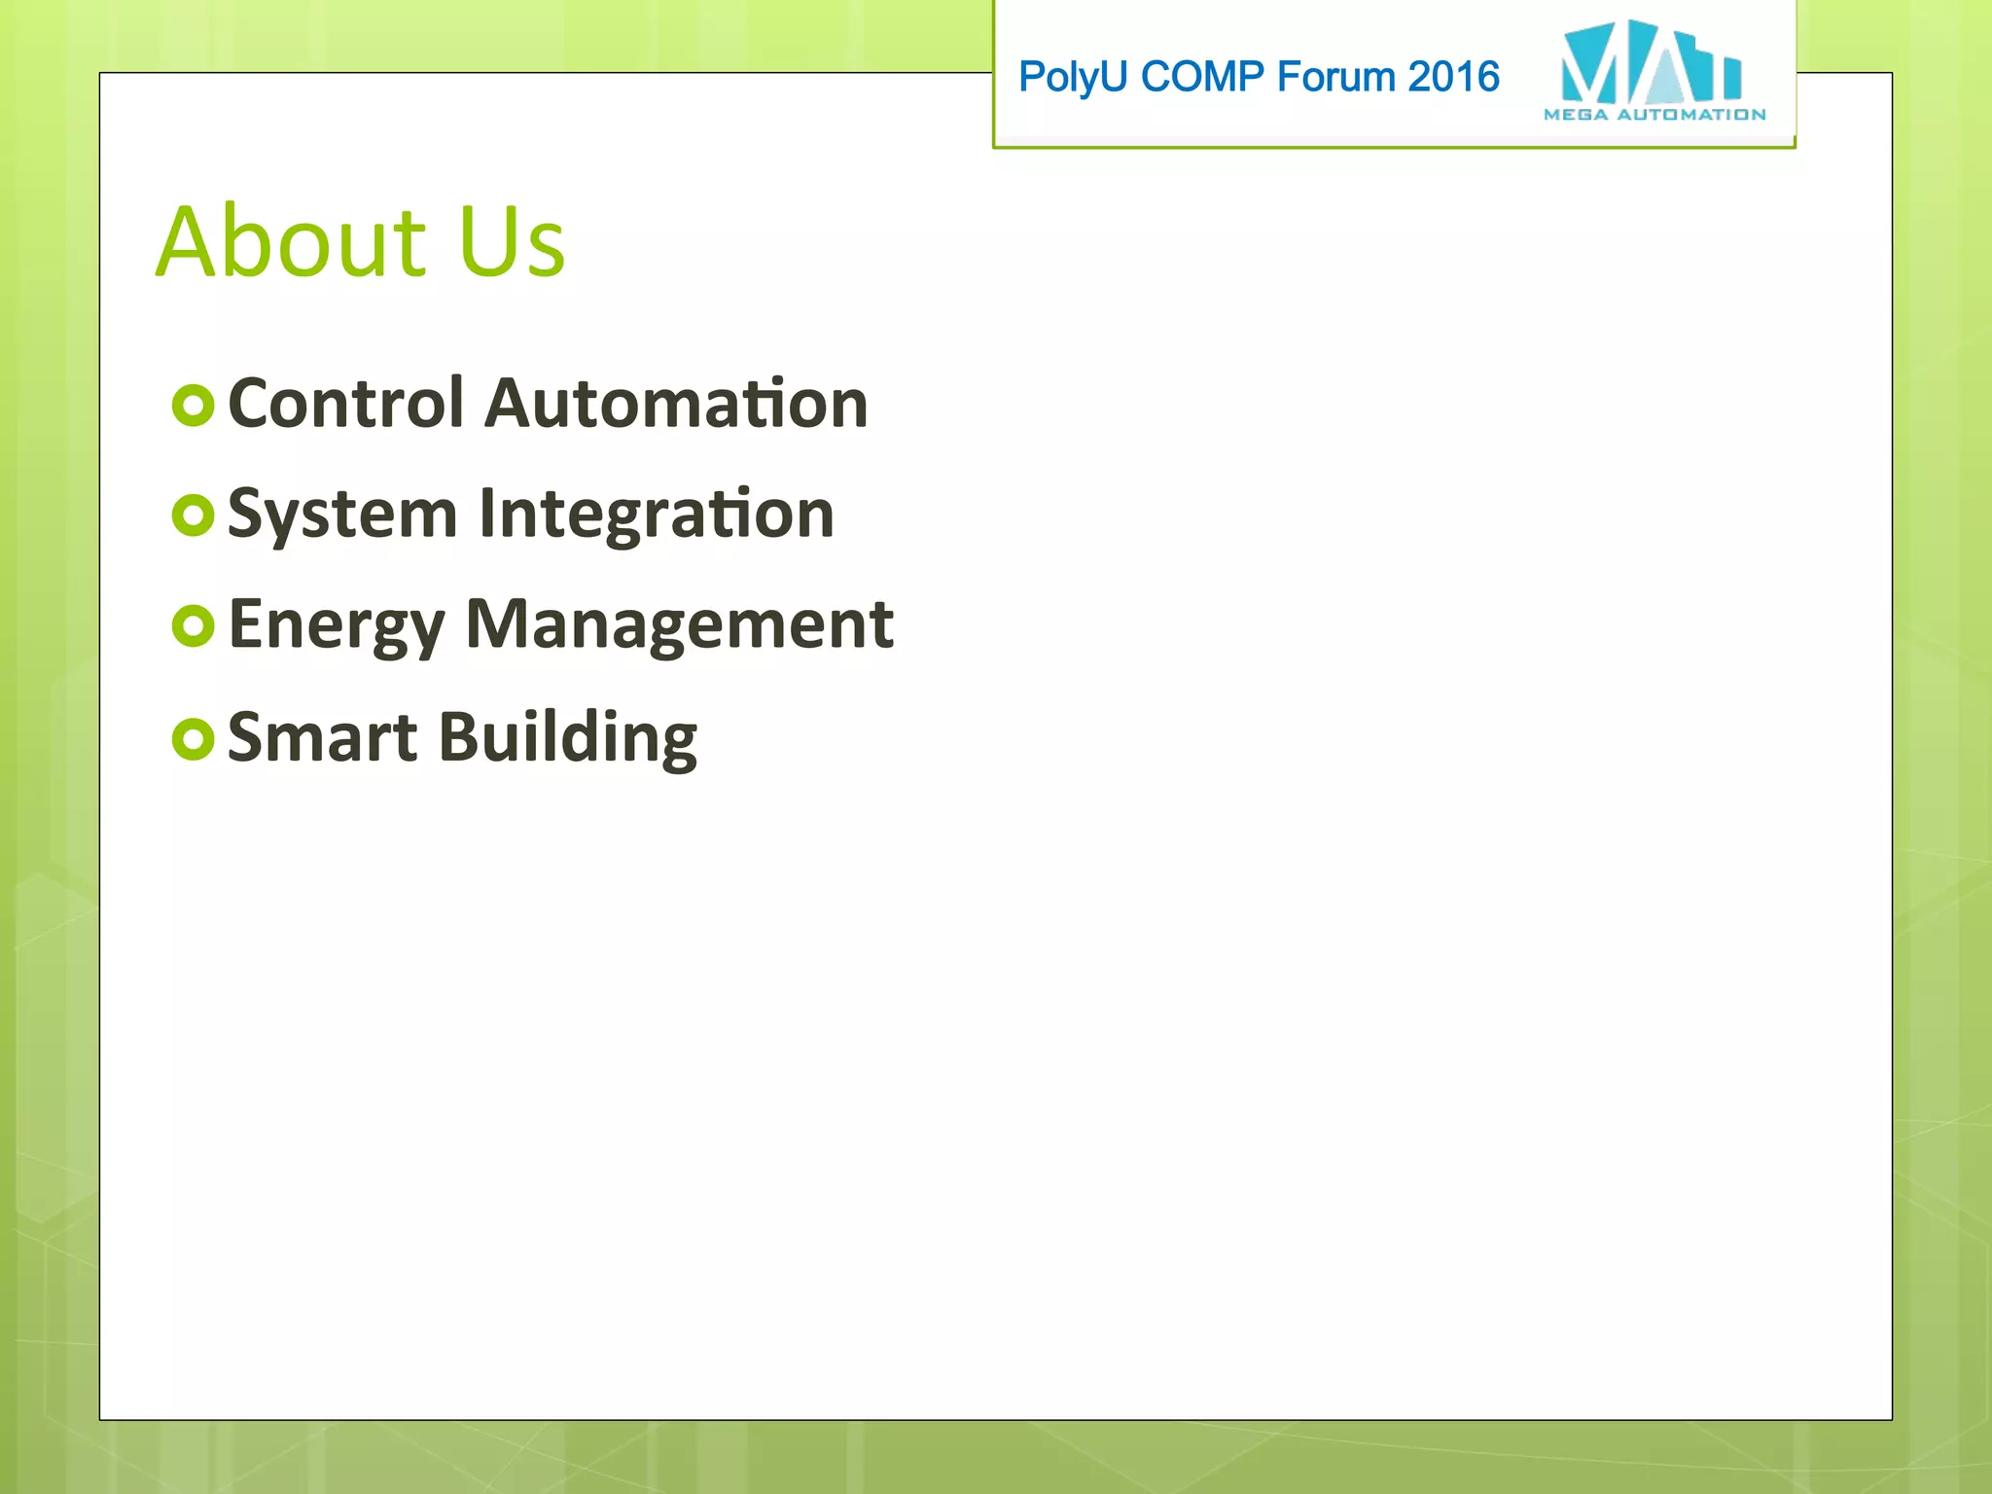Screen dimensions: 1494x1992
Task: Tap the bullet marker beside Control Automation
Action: [193, 406]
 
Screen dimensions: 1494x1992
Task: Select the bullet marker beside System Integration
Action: [193, 516]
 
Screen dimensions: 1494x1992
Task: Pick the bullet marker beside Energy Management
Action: [193, 626]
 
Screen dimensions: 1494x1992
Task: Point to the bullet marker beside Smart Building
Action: [193, 739]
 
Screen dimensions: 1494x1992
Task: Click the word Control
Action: [345, 403]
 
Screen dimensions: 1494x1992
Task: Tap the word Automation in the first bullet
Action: [676, 403]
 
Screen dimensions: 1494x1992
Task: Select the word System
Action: [342, 514]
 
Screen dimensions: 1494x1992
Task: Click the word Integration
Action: [657, 514]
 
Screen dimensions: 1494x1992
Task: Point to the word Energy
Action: [336, 625]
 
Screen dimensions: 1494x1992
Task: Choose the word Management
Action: [679, 625]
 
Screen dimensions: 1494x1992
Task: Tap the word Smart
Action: [322, 737]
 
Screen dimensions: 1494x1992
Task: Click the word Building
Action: [568, 737]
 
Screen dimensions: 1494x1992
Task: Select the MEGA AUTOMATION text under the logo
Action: [1654, 115]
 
